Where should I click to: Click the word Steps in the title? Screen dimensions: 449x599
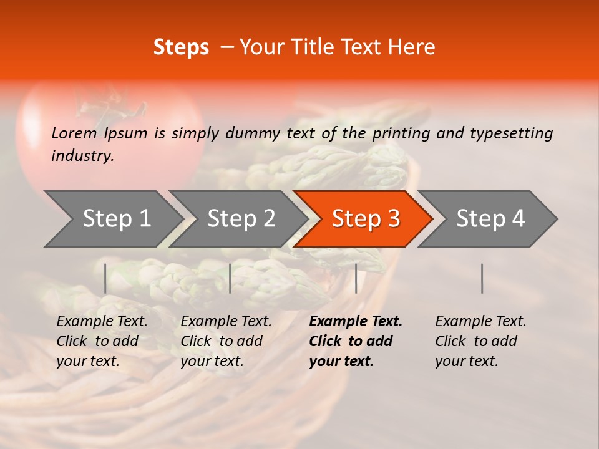click(181, 47)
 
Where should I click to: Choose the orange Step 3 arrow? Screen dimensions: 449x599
click(365, 218)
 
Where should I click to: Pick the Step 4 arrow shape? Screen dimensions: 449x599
click(490, 218)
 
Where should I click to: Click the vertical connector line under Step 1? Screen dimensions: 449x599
click(105, 278)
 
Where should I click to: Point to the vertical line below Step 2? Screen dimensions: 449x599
click(230, 278)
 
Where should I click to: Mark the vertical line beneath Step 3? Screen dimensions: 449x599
click(356, 278)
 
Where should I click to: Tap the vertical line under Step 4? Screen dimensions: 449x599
click(482, 278)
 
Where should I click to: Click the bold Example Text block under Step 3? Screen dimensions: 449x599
click(356, 341)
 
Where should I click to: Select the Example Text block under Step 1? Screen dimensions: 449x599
click(102, 341)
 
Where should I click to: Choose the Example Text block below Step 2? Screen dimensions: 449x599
click(226, 341)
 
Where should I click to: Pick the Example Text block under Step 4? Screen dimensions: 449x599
click(480, 341)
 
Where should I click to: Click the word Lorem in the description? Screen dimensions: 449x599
click(74, 133)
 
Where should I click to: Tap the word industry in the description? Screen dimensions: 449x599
click(82, 156)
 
